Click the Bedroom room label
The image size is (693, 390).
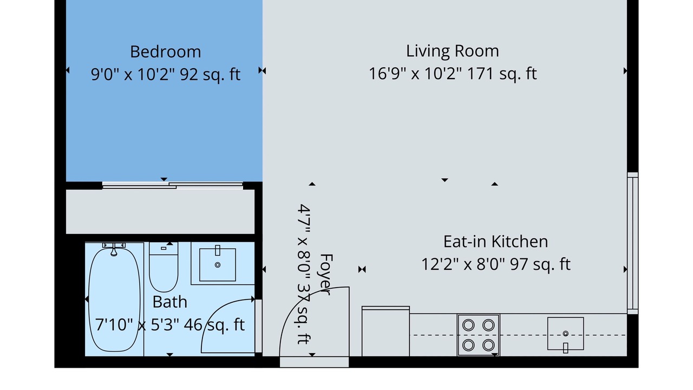pos(166,51)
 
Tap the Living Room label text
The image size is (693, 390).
pos(452,51)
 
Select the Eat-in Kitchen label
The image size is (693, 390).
pos(495,242)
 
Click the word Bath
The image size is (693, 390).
pos(170,302)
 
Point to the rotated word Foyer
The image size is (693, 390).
pos(326,275)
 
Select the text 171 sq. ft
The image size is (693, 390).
pos(502,74)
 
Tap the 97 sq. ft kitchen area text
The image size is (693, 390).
pos(540,264)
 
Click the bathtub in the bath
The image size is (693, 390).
pos(114,300)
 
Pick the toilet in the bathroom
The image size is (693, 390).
pos(164,267)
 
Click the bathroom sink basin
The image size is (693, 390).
pos(218,265)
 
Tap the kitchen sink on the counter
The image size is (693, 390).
pos(566,334)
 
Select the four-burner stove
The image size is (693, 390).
pos(478,335)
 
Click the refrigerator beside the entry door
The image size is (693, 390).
pos(386,331)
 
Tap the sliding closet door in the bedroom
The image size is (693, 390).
pos(173,185)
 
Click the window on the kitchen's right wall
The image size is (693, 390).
pos(633,243)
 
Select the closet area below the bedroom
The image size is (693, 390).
pos(160,212)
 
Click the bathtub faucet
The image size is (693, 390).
pos(114,250)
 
